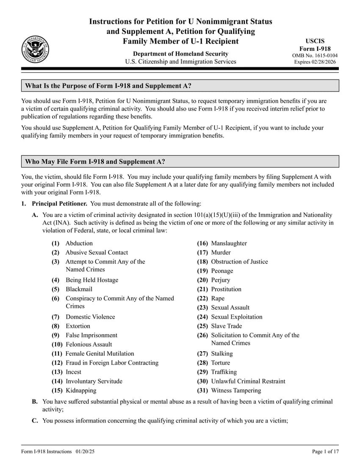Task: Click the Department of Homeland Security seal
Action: pyautogui.click(x=35, y=50)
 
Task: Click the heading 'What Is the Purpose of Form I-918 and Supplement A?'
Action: pyautogui.click(x=108, y=86)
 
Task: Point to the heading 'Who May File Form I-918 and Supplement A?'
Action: pyautogui.click(x=95, y=161)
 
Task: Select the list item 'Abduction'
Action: pyautogui.click(x=79, y=243)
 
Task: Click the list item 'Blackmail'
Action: pyautogui.click(x=79, y=289)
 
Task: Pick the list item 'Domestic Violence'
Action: pyautogui.click(x=90, y=317)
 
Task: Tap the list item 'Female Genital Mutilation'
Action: pyautogui.click(x=100, y=353)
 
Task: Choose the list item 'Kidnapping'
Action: pyautogui.click(x=80, y=390)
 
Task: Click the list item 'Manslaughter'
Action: pyautogui.click(x=229, y=243)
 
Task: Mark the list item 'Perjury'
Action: pyautogui.click(x=220, y=280)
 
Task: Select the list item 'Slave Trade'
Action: pyautogui.click(x=227, y=326)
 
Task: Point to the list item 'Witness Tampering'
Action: pyautogui.click(x=236, y=390)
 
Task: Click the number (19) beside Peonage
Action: pyautogui.click(x=203, y=271)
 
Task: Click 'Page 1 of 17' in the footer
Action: pyautogui.click(x=325, y=452)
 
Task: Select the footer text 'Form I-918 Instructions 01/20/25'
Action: pyautogui.click(x=58, y=452)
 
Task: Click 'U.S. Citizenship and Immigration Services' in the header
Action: pyautogui.click(x=180, y=62)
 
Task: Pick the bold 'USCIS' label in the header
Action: pyautogui.click(x=315, y=41)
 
